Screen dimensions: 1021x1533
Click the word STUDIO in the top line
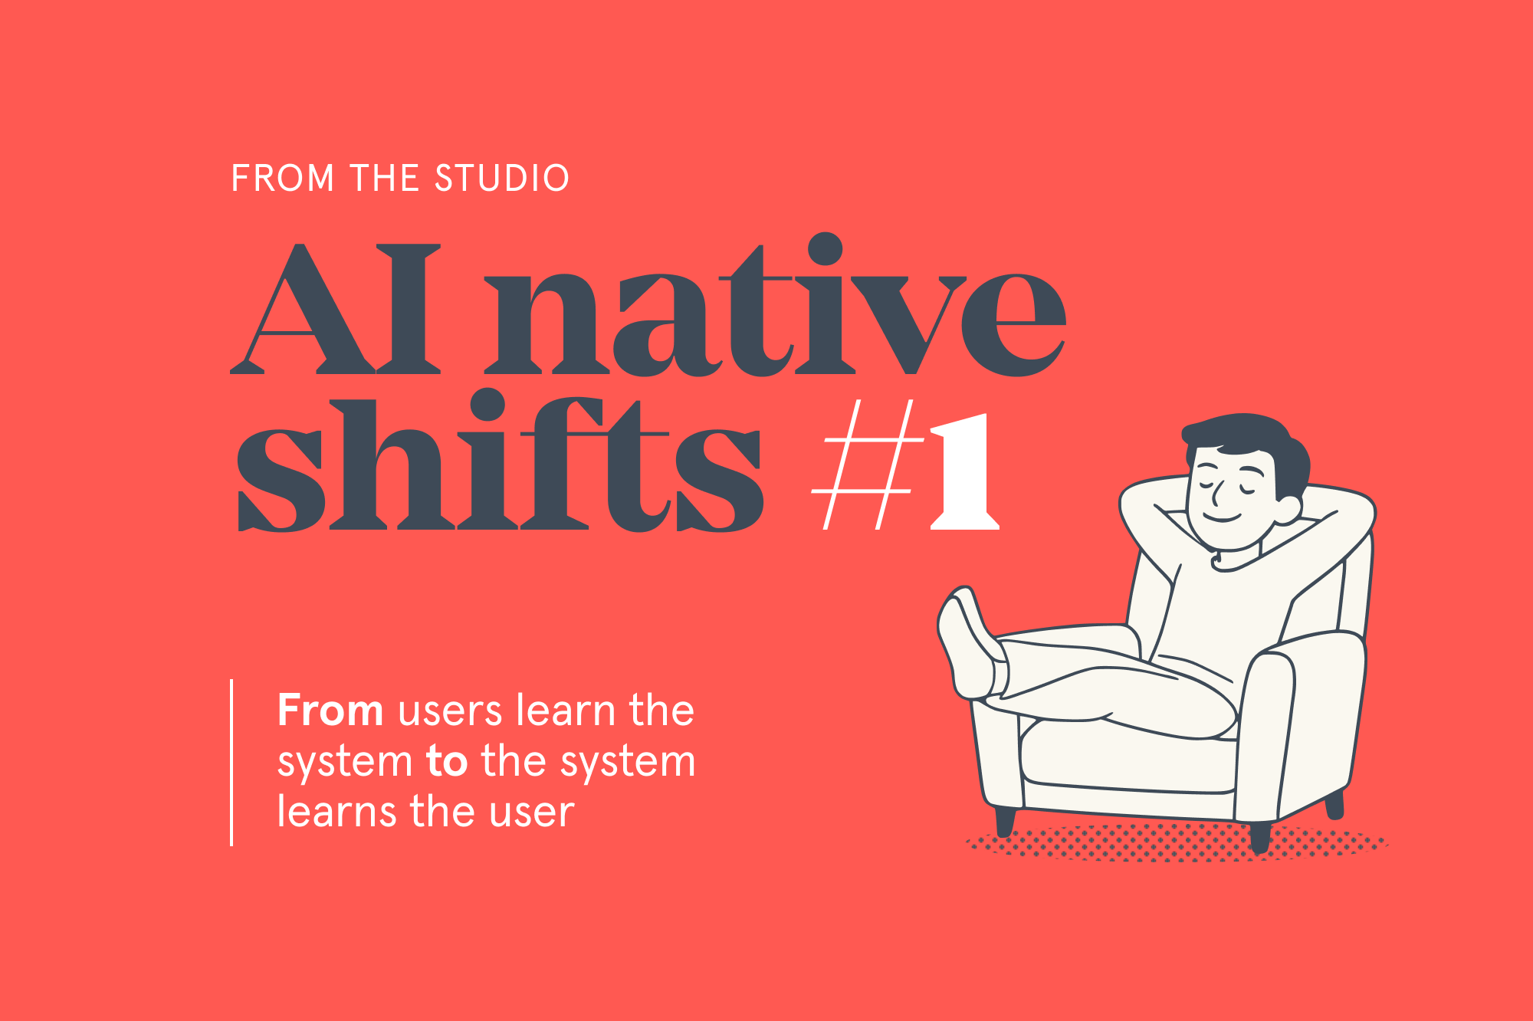pos(502,178)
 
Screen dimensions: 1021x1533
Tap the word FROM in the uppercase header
pos(283,178)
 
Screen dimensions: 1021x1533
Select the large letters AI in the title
pos(337,310)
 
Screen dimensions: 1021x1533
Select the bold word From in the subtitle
pos(330,710)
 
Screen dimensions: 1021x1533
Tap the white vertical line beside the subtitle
pos(231,763)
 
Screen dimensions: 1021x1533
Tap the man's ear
pos(1288,507)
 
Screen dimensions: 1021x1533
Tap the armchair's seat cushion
pos(1127,755)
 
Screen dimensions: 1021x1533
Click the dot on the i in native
pos(825,249)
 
